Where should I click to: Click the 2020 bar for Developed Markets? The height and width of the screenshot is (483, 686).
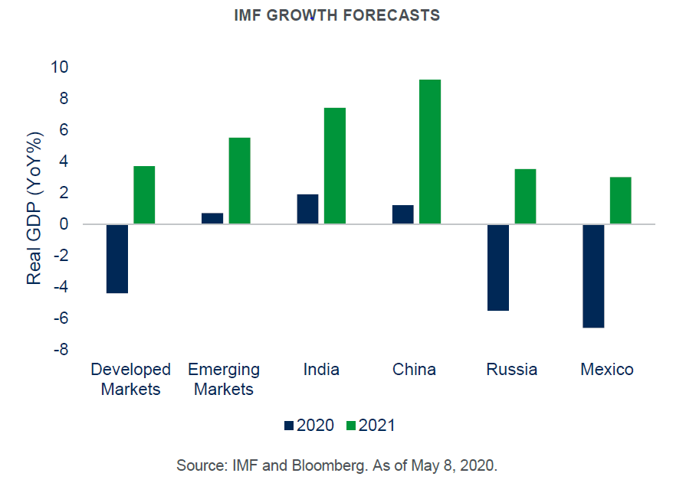pyautogui.click(x=117, y=259)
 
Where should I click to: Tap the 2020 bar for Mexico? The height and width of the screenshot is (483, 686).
pyautogui.click(x=593, y=276)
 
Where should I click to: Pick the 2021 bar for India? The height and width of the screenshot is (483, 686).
pyautogui.click(x=335, y=166)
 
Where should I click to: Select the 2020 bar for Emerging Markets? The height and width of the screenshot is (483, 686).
pyautogui.click(x=212, y=218)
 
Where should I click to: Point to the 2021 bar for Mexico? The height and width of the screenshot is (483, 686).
pyautogui.click(x=621, y=201)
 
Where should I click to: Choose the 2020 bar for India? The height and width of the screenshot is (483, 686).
pyautogui.click(x=307, y=209)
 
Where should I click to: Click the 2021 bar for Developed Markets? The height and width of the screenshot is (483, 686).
pyautogui.click(x=144, y=195)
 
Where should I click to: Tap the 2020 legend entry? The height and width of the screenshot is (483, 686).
pyautogui.click(x=309, y=426)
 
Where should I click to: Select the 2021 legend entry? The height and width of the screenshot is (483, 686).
pyautogui.click(x=371, y=426)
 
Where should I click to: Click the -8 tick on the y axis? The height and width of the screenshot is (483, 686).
pyautogui.click(x=61, y=350)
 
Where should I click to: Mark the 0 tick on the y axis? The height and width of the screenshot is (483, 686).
pyautogui.click(x=64, y=224)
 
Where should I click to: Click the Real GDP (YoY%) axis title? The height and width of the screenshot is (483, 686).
pyautogui.click(x=34, y=208)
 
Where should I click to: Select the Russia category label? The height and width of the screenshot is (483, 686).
pyautogui.click(x=512, y=370)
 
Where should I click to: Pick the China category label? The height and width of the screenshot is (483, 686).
pyautogui.click(x=414, y=370)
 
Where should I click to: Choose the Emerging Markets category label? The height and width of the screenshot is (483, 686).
pyautogui.click(x=224, y=379)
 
